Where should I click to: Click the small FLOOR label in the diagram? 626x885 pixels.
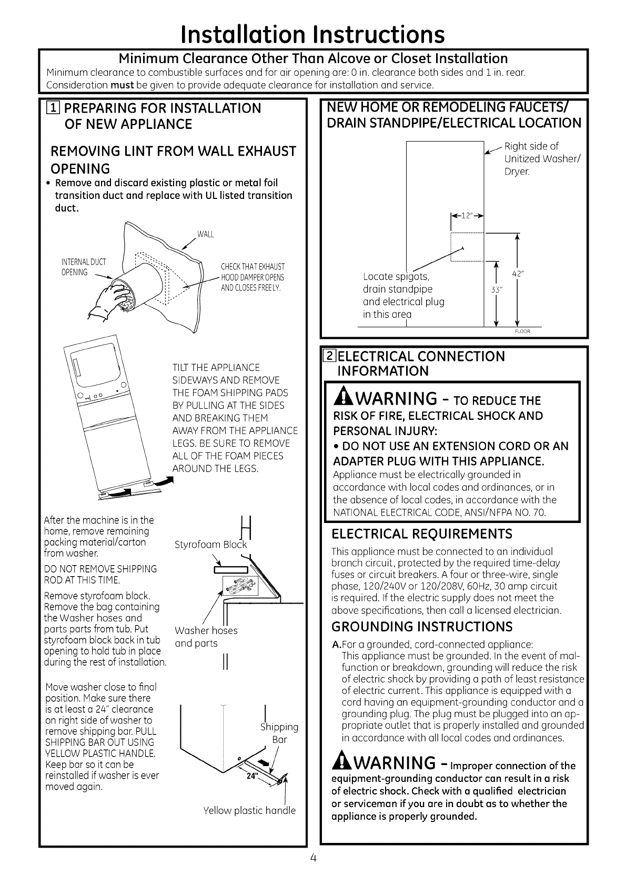[522, 331]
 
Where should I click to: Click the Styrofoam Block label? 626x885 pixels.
[210, 545]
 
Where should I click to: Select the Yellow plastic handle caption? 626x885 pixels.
[249, 810]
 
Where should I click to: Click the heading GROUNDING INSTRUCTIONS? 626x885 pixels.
[422, 627]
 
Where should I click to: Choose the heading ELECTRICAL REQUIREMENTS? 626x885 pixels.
[421, 534]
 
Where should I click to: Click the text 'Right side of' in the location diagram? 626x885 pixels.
[531, 146]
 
